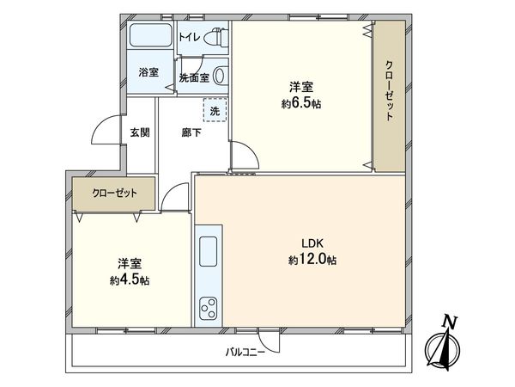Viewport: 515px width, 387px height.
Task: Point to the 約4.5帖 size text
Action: tap(125, 279)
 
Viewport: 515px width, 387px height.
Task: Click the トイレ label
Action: tap(191, 37)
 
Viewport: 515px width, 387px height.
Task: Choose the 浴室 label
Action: tap(148, 73)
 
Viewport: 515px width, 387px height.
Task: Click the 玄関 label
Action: tap(140, 133)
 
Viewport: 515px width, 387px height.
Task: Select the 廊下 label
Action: tap(191, 133)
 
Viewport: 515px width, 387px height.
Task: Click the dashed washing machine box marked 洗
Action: tap(215, 110)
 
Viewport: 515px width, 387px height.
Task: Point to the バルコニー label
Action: tap(245, 352)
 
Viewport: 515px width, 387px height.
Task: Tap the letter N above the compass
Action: tap(447, 322)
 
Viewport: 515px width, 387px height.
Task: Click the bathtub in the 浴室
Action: tap(151, 38)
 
